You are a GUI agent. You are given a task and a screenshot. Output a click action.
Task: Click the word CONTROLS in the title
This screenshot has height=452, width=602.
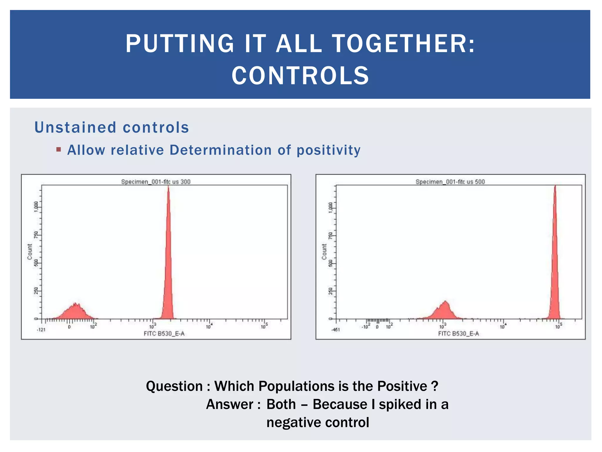300,76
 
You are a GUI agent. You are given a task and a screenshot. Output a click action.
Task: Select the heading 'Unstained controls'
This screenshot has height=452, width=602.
112,127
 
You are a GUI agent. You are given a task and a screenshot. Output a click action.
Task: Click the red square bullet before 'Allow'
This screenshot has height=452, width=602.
58,149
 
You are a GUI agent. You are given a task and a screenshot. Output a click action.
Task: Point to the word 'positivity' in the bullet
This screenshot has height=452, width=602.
328,150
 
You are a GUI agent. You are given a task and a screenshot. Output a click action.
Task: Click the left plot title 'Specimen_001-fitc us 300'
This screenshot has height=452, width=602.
156,182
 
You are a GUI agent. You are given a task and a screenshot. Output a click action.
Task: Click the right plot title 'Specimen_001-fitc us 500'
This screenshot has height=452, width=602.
450,182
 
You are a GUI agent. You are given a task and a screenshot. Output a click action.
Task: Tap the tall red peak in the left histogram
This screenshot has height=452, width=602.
168,265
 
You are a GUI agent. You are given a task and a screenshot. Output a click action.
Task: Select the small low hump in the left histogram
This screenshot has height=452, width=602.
75,312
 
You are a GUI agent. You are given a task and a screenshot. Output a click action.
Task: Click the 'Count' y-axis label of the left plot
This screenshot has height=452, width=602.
30,252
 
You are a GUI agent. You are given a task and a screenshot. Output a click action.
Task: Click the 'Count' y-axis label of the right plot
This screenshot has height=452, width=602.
324,252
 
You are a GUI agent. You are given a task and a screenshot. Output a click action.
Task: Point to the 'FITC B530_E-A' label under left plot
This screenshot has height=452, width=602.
164,333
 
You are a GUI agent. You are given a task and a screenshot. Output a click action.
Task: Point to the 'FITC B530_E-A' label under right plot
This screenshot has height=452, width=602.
459,333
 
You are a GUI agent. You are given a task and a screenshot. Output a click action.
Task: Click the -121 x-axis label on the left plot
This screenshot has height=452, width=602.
41,330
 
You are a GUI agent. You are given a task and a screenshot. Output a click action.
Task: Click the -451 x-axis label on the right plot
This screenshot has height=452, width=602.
335,330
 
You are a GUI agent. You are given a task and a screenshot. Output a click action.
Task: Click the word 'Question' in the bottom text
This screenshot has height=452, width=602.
174,386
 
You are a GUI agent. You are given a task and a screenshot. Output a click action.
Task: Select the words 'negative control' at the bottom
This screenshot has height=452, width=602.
317,422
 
